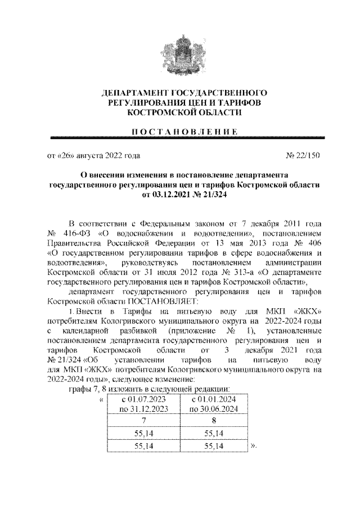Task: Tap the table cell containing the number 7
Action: click(x=143, y=420)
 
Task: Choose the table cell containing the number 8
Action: click(x=213, y=420)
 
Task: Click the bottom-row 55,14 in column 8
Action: click(x=213, y=445)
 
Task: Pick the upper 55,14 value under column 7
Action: click(x=143, y=433)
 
